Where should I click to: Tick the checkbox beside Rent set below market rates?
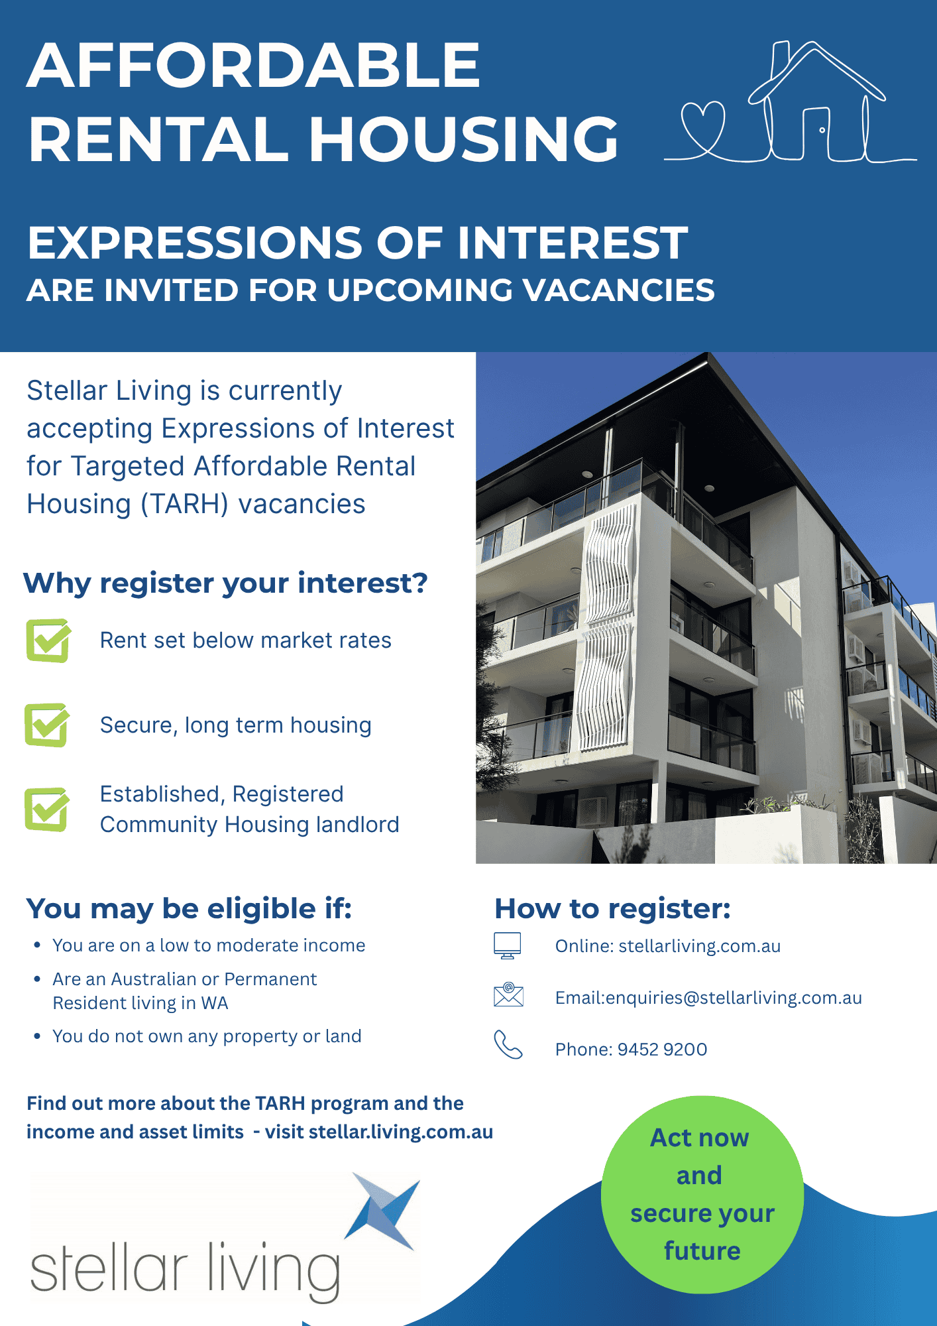[48, 640]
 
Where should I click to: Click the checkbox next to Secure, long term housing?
[46, 725]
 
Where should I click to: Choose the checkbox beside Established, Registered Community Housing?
[46, 810]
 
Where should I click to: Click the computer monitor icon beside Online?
[508, 945]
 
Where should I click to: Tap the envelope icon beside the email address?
[508, 994]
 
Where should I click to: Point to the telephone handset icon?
[508, 1045]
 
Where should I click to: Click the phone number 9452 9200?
[663, 1050]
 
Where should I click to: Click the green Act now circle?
[702, 1195]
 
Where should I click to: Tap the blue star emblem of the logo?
[384, 1211]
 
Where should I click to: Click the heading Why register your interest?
[226, 583]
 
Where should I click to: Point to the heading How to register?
[612, 909]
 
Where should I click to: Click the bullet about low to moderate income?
[209, 945]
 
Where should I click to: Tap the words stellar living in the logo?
[186, 1270]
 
